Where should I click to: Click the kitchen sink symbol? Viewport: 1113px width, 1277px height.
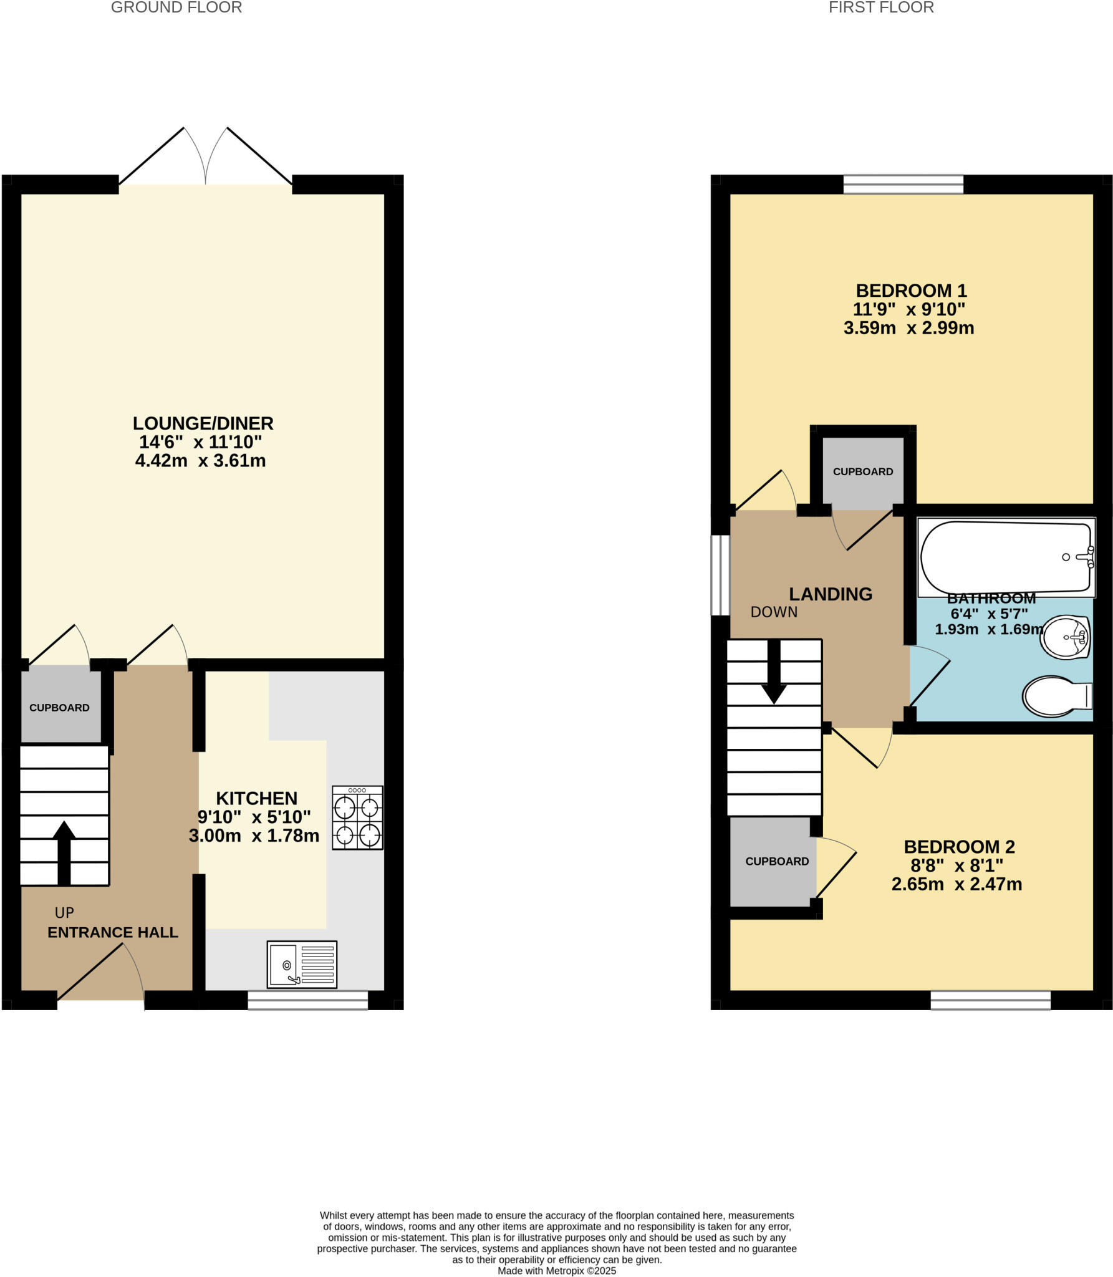click(302, 964)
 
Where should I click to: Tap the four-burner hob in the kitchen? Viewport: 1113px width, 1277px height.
click(357, 817)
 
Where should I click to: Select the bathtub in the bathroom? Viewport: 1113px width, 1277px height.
click(1006, 557)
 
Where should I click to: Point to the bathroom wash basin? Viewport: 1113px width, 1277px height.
click(1066, 637)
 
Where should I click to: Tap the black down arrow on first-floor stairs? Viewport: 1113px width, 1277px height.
click(774, 673)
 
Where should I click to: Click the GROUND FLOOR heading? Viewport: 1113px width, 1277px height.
click(176, 8)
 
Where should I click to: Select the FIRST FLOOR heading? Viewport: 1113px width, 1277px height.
click(881, 8)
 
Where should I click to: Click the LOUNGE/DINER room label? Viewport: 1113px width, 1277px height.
click(203, 423)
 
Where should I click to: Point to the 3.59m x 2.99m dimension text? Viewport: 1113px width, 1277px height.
click(908, 328)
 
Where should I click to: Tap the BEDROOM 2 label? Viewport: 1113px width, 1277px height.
click(959, 847)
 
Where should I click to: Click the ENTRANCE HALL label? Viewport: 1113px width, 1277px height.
click(113, 932)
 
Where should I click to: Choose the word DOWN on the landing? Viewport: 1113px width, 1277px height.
click(774, 612)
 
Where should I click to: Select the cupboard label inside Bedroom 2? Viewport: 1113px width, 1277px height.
click(777, 861)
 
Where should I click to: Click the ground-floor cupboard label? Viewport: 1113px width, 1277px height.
click(59, 708)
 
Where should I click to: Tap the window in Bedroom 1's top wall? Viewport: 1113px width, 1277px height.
click(903, 184)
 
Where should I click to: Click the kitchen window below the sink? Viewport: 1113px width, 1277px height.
click(308, 1000)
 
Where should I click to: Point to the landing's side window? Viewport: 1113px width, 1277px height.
click(721, 575)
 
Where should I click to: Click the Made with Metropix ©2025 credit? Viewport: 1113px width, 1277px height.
click(557, 1271)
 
